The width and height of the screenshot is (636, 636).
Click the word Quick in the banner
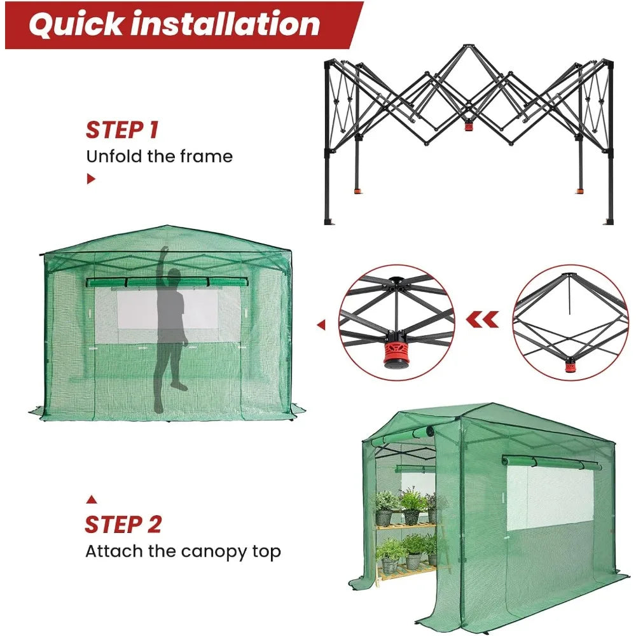pyautogui.click(x=76, y=25)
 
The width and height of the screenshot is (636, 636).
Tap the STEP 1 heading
pyautogui.click(x=122, y=130)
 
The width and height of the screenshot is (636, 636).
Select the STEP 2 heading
pyautogui.click(x=123, y=525)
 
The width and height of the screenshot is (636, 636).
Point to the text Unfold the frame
pyautogui.click(x=160, y=156)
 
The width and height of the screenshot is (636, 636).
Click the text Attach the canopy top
pyautogui.click(x=183, y=551)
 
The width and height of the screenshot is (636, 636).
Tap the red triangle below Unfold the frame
pyautogui.click(x=91, y=179)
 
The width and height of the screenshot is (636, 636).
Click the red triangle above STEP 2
pyautogui.click(x=92, y=500)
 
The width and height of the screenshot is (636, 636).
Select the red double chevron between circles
pyautogui.click(x=482, y=320)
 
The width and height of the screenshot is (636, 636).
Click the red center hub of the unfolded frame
pyautogui.click(x=469, y=126)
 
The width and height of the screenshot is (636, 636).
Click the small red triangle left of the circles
pyautogui.click(x=321, y=324)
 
